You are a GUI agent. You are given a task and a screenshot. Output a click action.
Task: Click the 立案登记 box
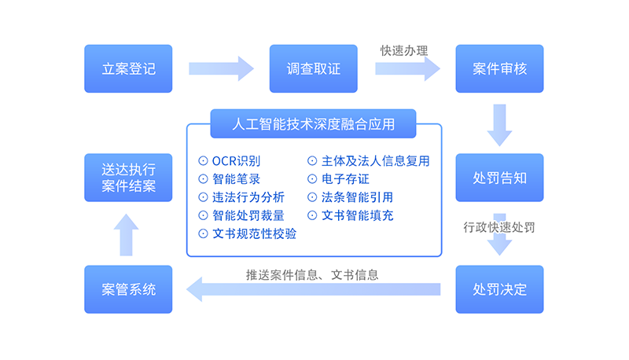[x=128, y=68]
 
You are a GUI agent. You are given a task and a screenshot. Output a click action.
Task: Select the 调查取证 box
[x=314, y=68]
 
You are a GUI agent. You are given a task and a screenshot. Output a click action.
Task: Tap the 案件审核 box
[x=499, y=68]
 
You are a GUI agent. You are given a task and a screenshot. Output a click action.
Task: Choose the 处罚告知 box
[x=499, y=178]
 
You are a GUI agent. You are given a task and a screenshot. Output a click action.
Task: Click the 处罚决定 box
[x=499, y=289]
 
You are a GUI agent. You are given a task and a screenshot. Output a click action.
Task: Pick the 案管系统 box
[x=128, y=289]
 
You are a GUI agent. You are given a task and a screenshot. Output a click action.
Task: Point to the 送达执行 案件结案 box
[x=128, y=178]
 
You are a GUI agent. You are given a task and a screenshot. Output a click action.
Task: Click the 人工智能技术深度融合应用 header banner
[x=314, y=124]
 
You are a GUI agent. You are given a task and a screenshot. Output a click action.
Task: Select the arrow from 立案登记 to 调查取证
[x=221, y=68]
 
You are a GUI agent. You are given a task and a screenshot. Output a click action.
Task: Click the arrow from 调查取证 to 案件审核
[x=407, y=68]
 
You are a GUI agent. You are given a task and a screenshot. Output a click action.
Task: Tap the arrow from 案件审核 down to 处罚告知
[x=499, y=124]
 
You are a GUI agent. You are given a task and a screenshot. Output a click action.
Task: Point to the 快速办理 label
[x=404, y=50]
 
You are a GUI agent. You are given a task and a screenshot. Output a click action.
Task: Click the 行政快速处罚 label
[x=498, y=228]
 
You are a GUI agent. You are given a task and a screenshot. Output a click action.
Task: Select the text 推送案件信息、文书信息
[x=312, y=275]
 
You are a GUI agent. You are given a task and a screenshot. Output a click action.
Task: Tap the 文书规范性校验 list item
[x=253, y=233]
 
